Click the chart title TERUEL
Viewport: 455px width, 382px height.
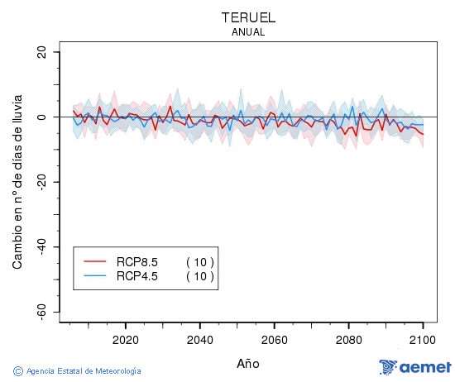click(248, 17)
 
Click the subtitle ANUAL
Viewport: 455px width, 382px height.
click(248, 32)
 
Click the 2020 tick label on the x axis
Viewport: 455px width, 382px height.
click(125, 340)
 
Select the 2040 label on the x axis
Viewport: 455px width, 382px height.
click(199, 340)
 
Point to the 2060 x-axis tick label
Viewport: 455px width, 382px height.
click(274, 340)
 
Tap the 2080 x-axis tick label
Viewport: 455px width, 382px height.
click(348, 340)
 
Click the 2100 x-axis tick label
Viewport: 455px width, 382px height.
click(423, 340)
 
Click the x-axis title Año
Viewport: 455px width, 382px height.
click(248, 363)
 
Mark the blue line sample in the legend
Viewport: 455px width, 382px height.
click(96, 276)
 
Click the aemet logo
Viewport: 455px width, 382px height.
click(414, 367)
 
